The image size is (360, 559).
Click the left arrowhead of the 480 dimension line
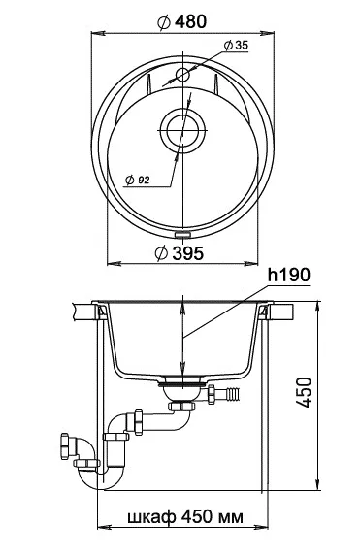click(x=96, y=30)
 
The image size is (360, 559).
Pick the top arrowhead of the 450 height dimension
click(x=318, y=306)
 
